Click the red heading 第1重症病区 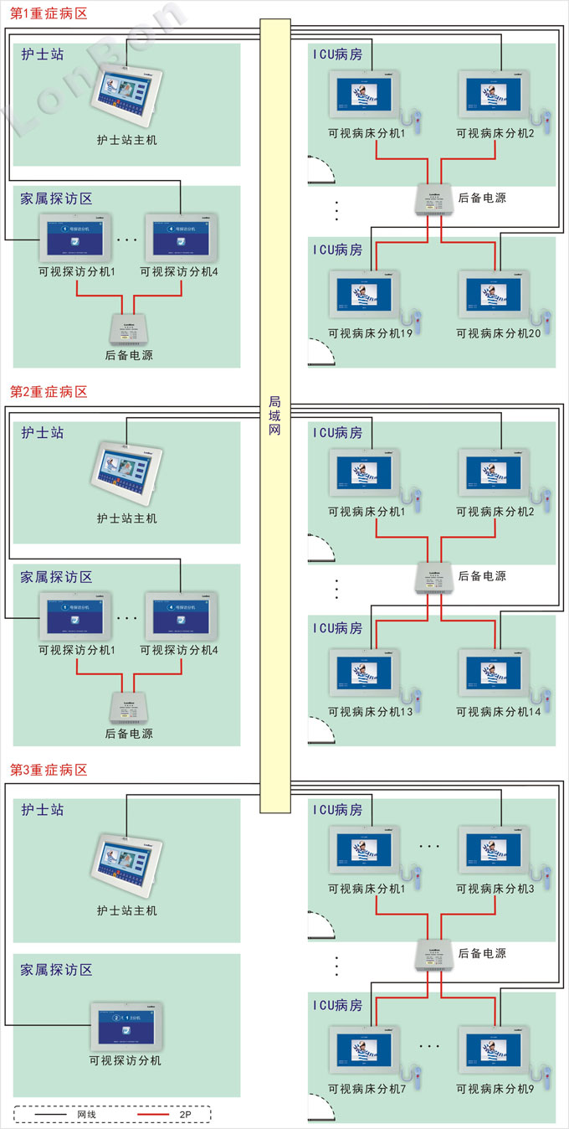pyautogui.click(x=49, y=14)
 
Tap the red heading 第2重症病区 pyautogui.click(x=49, y=392)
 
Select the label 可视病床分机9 pyautogui.click(x=495, y=1089)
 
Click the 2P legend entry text pyautogui.click(x=186, y=1115)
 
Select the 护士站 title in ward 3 pyautogui.click(x=43, y=810)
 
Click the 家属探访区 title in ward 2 pyautogui.click(x=56, y=577)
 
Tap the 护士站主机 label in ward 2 pyautogui.click(x=126, y=518)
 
